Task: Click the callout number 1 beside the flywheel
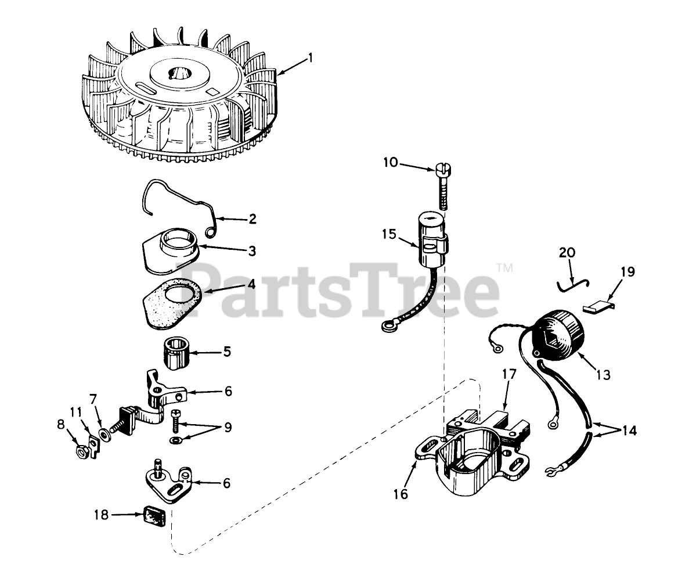[x=311, y=58]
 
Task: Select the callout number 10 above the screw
[x=390, y=162]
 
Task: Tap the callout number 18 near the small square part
[x=102, y=514]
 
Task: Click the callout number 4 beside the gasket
[x=251, y=284]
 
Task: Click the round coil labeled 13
[x=558, y=333]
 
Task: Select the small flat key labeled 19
[x=598, y=305]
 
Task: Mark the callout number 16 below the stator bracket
[x=401, y=494]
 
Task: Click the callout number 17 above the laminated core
[x=509, y=374]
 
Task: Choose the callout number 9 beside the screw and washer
[x=228, y=427]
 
